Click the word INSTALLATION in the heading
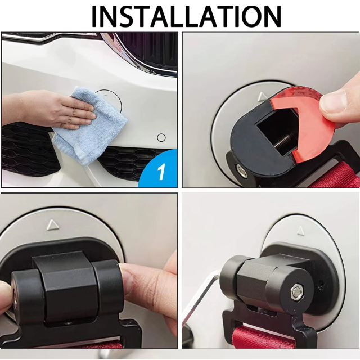click(186, 16)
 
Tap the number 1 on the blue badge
click(161, 172)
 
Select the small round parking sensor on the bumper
click(161, 138)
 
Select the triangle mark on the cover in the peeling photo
click(262, 97)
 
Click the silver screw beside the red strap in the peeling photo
click(242, 171)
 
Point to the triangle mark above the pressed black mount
click(53, 225)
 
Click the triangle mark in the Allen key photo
click(300, 231)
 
